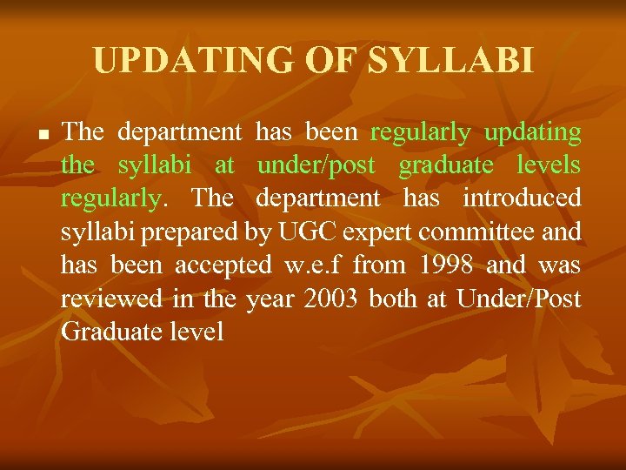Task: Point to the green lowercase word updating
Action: click(x=532, y=133)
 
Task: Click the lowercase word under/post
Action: click(x=316, y=165)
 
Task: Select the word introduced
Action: click(x=522, y=198)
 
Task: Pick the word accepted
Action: click(x=223, y=265)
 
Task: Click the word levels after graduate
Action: click(x=548, y=165)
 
